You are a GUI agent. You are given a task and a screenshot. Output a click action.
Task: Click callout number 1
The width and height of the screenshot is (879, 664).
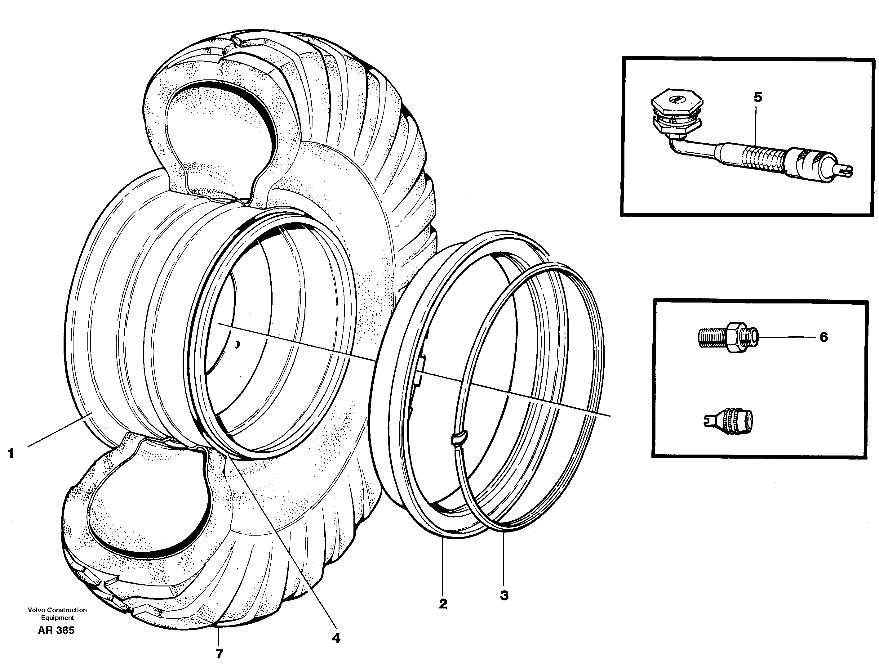[11, 453]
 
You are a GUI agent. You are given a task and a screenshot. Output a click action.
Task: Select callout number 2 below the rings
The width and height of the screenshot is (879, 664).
[443, 603]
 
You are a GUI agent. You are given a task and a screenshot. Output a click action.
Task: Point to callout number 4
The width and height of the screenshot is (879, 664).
[336, 638]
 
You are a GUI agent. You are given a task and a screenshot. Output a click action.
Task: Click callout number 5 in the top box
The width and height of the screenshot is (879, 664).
[758, 97]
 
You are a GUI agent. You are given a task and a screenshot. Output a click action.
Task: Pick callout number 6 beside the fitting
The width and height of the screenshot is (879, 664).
[824, 337]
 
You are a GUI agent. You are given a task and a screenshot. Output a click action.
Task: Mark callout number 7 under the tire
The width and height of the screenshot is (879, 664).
[219, 653]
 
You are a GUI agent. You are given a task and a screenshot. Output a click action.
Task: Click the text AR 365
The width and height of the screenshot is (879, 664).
[56, 630]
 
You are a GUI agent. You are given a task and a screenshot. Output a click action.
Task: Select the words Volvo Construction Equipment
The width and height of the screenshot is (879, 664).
[57, 613]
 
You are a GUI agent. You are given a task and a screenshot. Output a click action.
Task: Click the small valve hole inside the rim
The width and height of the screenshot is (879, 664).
[237, 344]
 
